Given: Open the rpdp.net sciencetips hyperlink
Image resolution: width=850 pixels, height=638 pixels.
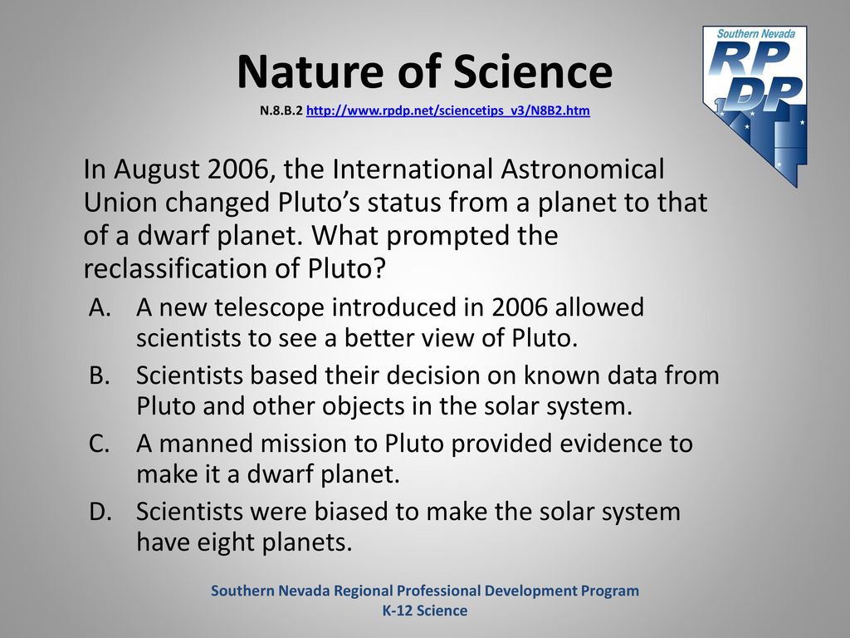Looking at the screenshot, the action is [447, 110].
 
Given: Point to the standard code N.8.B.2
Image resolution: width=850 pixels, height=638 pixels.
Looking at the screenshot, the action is [281, 110].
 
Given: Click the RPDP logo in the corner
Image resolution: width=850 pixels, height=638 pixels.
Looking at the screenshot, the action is [755, 106].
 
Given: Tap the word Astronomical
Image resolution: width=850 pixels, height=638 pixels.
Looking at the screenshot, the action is [583, 169].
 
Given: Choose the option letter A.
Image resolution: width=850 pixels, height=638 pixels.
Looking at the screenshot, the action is [100, 307].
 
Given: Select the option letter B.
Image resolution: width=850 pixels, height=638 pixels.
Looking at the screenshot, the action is [100, 375].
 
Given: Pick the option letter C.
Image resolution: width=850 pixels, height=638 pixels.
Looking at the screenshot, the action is [100, 444].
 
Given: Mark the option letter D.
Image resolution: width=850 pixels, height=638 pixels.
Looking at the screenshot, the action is [100, 512].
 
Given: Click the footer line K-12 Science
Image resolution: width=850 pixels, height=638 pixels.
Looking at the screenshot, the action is [425, 611].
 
